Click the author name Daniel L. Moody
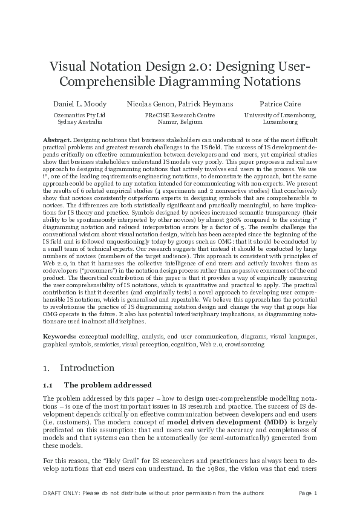[x=80, y=104]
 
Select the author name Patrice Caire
[x=280, y=104]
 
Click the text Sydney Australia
[x=80, y=122]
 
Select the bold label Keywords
[x=59, y=336]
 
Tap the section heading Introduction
[x=87, y=368]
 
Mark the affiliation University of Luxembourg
[x=280, y=115]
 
